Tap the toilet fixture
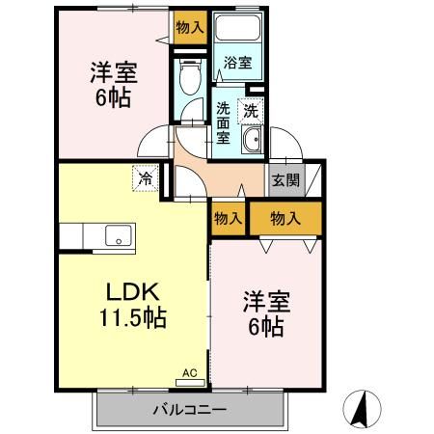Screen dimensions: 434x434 [x=188, y=75]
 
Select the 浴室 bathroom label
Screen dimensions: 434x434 [x=237, y=64]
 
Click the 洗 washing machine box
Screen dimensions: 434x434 [x=251, y=111]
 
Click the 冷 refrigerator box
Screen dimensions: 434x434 [x=145, y=178]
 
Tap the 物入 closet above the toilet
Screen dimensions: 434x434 [x=190, y=28]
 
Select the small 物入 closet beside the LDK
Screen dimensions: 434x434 [x=228, y=219]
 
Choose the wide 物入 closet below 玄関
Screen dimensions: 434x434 [x=285, y=219]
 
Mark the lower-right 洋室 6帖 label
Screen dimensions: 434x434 [x=262, y=315]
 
